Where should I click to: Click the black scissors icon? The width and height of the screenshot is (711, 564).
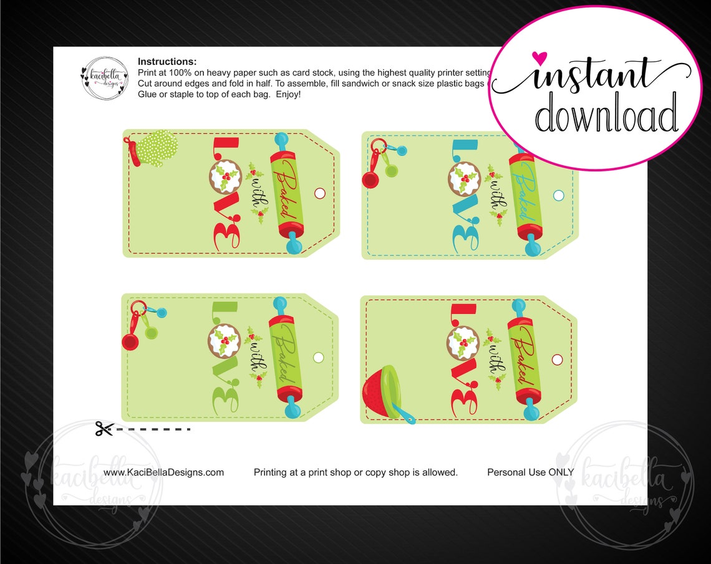click(104, 429)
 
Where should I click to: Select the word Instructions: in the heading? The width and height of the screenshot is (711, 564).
click(167, 62)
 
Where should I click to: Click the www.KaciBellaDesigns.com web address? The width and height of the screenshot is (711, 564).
click(163, 472)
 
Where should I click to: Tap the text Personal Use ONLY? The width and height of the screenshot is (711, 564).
click(530, 472)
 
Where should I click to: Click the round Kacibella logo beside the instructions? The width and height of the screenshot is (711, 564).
click(104, 78)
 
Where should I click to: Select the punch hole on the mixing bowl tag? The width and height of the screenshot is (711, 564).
click(557, 360)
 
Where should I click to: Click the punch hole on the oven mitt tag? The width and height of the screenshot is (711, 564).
click(320, 193)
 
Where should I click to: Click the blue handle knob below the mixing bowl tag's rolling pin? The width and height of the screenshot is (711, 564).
click(531, 412)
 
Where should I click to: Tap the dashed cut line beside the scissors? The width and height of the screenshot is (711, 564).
click(153, 429)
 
